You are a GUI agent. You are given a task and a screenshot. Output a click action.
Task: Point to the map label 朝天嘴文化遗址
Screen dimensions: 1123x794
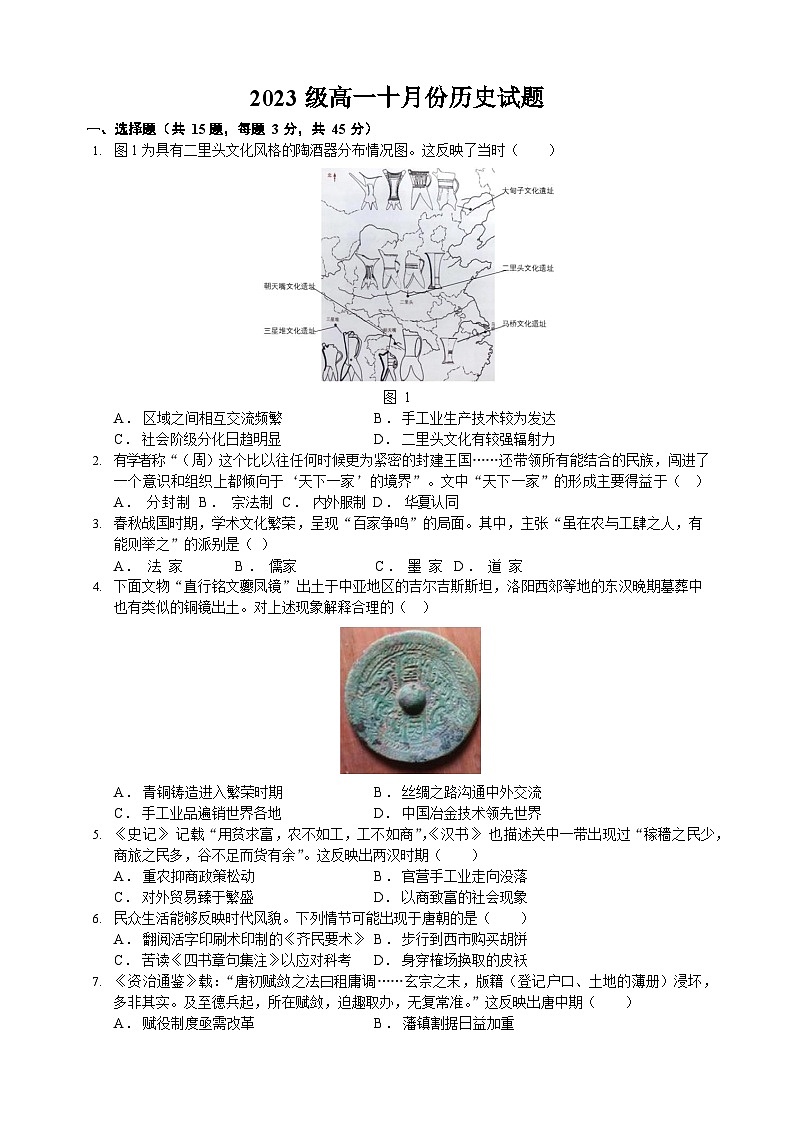pyautogui.click(x=289, y=285)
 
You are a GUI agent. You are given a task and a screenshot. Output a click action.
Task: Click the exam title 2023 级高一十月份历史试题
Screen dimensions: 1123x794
pyautogui.click(x=397, y=98)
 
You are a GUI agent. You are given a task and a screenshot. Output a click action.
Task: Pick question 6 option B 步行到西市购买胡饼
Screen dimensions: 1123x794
pyautogui.click(x=463, y=939)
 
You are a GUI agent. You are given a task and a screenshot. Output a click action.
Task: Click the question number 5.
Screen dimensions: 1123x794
pyautogui.click(x=96, y=835)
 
